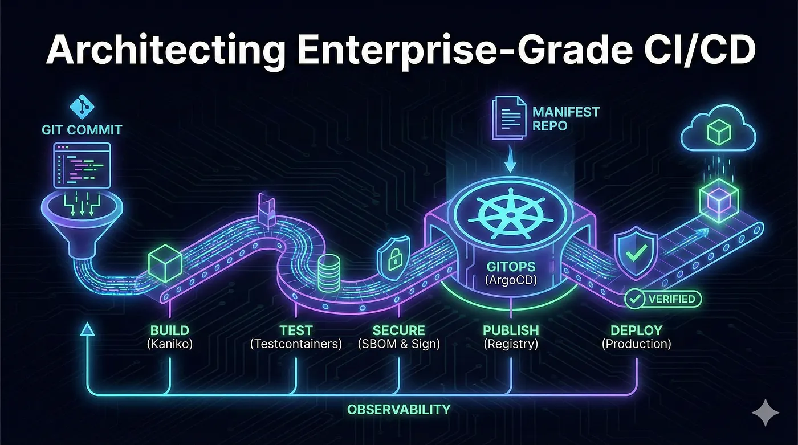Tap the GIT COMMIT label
pos(82,130)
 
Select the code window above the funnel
pos(82,165)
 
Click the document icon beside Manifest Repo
pos(509,117)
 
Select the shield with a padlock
pos(393,253)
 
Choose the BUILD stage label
pos(170,330)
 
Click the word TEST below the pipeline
pos(296,330)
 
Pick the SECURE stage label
pos(398,330)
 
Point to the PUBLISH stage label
pos(511,330)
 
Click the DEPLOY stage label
pos(636,330)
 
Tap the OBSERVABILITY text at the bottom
pos(399,409)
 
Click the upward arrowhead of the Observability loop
pos(87,328)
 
